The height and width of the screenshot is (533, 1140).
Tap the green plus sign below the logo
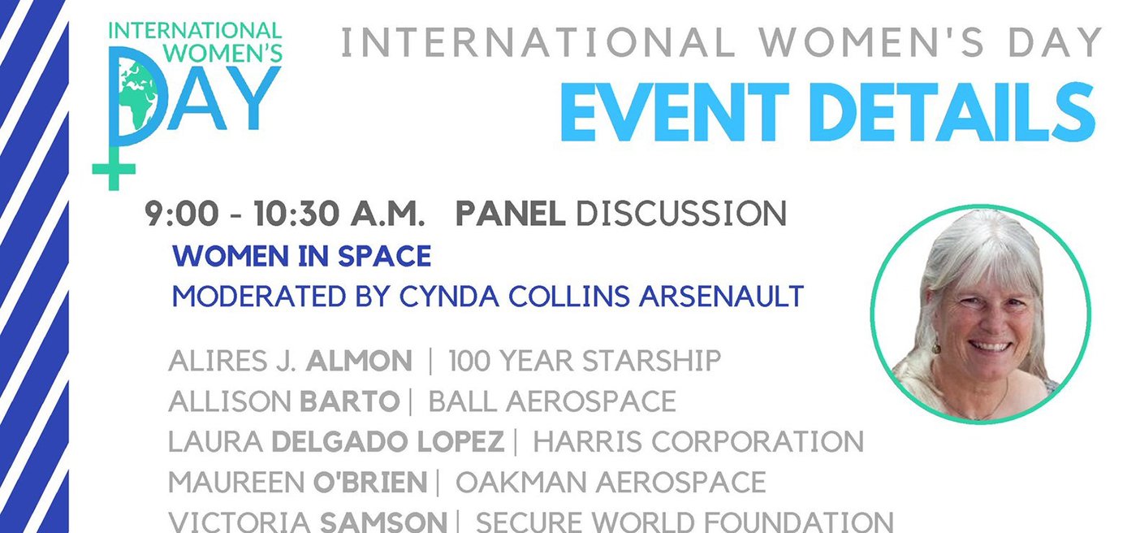114,168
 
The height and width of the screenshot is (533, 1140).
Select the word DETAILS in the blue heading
955,112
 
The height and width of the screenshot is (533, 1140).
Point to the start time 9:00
182,214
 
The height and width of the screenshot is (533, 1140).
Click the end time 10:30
296,214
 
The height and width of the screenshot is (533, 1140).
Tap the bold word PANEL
511,214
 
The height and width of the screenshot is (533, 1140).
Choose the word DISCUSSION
681,214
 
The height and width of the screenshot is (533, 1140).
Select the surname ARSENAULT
721,297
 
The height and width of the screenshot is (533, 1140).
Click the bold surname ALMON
359,361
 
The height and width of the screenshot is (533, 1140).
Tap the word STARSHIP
652,361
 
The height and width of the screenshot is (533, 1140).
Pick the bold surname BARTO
350,401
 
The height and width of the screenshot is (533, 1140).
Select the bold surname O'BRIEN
370,482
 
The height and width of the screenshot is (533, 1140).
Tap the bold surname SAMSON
384,522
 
